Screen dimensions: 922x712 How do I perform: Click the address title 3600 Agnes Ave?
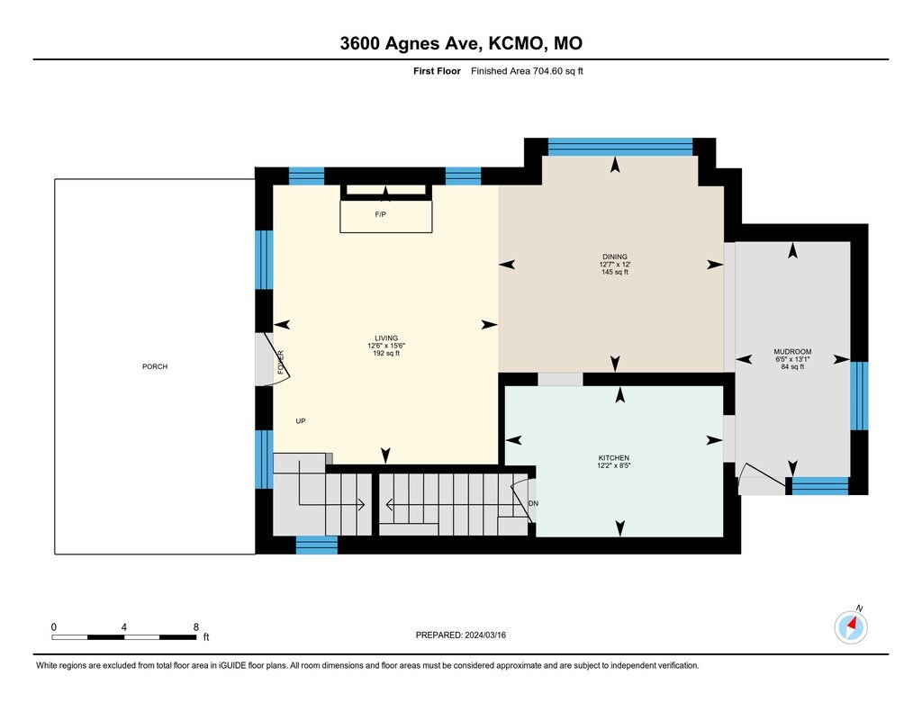coord(411,43)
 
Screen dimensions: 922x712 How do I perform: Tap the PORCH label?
coord(155,366)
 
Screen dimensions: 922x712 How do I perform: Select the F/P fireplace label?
coord(381,214)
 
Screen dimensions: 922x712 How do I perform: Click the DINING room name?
coord(614,257)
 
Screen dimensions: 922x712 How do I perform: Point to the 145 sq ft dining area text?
coord(615,272)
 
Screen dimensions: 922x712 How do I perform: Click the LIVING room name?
coord(386,338)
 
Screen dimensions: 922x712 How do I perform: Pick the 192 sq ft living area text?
coord(386,354)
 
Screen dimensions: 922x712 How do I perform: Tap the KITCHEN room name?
coord(614,458)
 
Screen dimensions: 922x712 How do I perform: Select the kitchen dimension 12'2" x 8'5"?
coord(614,465)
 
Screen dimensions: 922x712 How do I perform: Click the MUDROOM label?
coord(792,352)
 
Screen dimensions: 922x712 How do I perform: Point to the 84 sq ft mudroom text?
coord(792,367)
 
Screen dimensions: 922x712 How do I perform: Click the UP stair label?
coord(301,421)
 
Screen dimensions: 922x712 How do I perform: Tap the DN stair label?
coord(533,503)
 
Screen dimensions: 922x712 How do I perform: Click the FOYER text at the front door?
coord(281,362)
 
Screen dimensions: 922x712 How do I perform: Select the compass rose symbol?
coord(851,627)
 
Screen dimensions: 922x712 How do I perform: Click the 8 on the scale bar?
coord(195,627)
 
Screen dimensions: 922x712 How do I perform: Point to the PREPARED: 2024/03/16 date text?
coord(460,635)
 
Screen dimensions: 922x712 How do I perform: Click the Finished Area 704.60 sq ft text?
coord(527,71)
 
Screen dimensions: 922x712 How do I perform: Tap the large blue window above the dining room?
coord(619,147)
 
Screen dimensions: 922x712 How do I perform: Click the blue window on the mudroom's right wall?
coord(859,396)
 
